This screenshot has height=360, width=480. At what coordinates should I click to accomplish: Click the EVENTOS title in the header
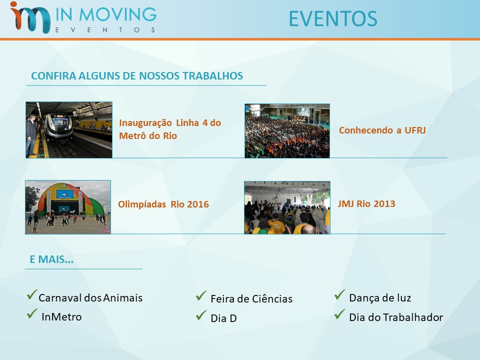[x=333, y=19]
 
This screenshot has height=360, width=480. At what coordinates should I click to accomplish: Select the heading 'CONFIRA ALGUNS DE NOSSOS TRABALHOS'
[x=137, y=76]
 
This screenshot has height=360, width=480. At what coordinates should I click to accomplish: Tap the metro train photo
[x=69, y=130]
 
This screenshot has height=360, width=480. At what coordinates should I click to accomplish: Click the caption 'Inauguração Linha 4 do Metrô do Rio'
[x=170, y=129]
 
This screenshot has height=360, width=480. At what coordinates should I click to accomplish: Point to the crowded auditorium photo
[x=287, y=130]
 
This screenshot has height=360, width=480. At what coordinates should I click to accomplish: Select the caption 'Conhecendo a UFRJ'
[x=382, y=130]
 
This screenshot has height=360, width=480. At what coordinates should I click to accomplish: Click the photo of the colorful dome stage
[x=68, y=207]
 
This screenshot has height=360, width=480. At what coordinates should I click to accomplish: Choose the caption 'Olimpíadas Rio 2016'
[x=163, y=204]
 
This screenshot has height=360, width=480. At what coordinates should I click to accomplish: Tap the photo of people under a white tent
[x=287, y=207]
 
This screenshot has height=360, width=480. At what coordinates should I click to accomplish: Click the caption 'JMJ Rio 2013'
[x=366, y=203]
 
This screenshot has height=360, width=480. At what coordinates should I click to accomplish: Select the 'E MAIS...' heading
[x=51, y=259]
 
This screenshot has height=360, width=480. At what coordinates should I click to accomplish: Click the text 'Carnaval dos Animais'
[x=90, y=298]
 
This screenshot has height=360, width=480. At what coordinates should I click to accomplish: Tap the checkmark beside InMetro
[x=32, y=314]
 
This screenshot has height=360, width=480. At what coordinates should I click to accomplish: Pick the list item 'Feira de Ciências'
[x=251, y=299]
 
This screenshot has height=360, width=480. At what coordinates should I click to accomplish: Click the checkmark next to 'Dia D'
[x=201, y=315]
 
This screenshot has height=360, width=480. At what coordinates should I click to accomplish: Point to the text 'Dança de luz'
[x=380, y=298]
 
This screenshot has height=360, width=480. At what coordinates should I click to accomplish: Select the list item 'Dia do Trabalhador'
[x=396, y=317]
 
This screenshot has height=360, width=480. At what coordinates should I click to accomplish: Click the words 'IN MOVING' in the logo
[x=106, y=14]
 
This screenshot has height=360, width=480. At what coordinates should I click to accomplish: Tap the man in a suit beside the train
[x=31, y=135]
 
